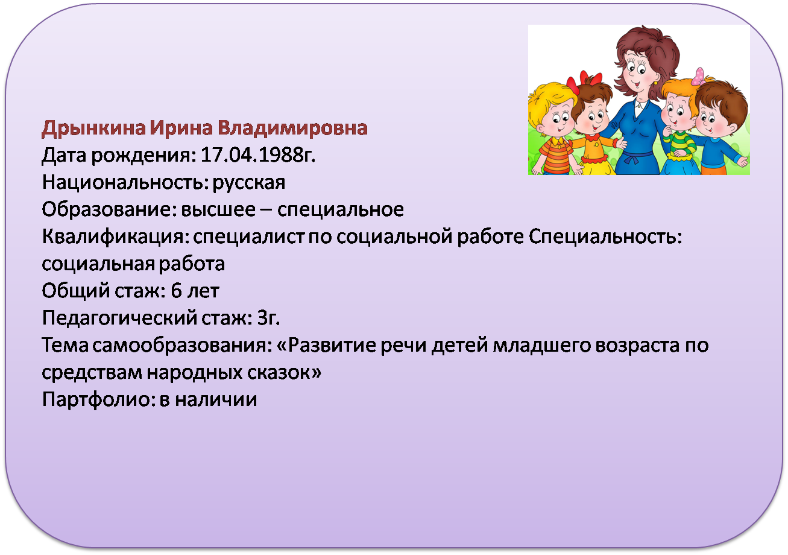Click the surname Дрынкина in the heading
pyautogui.click(x=93, y=128)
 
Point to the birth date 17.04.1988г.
pyautogui.click(x=258, y=155)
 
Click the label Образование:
pyautogui.click(x=109, y=209)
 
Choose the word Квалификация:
pyautogui.click(x=113, y=237)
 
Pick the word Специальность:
pyautogui.click(x=605, y=236)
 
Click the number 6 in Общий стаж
pyautogui.click(x=176, y=291)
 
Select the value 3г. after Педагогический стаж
pyautogui.click(x=268, y=318)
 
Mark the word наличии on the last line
pyautogui.click(x=216, y=399)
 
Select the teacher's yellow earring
pyautogui.click(x=655, y=83)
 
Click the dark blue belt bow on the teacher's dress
pyautogui.click(x=632, y=159)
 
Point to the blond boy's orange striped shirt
pyautogui.click(x=555, y=155)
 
